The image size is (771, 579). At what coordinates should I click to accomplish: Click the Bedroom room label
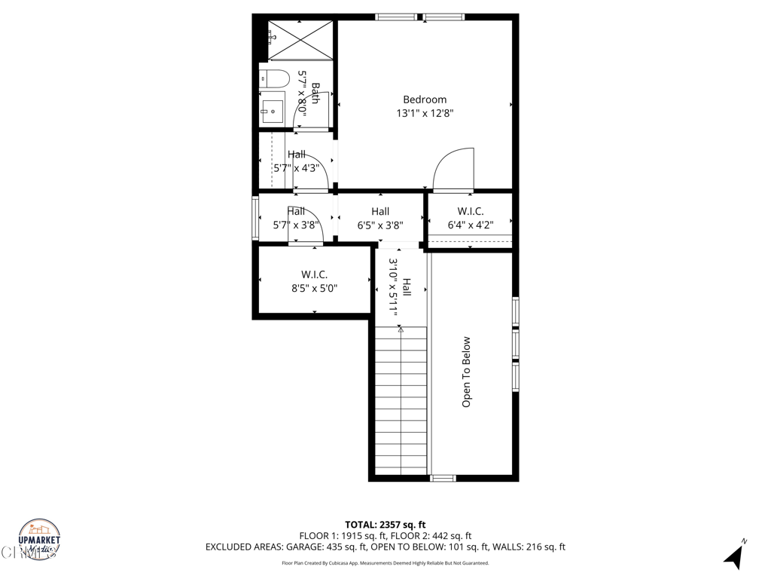click(x=425, y=100)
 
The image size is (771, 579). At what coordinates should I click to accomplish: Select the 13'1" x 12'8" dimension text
click(x=425, y=114)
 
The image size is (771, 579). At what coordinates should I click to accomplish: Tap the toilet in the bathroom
click(x=275, y=78)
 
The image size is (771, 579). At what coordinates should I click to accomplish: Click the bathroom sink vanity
click(x=272, y=110)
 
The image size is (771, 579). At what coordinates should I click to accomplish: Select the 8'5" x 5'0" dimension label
click(x=314, y=287)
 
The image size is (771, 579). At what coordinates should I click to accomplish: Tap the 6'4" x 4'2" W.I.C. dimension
click(x=471, y=225)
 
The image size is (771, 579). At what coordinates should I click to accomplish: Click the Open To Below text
click(x=466, y=372)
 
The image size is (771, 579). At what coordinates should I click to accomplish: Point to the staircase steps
click(x=401, y=403)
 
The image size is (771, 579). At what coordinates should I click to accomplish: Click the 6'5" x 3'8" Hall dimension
click(x=380, y=225)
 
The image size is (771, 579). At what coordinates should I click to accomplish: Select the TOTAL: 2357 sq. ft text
click(x=385, y=525)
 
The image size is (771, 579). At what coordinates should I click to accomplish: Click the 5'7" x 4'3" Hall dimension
click(x=296, y=168)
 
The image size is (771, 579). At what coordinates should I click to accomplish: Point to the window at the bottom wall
click(x=443, y=478)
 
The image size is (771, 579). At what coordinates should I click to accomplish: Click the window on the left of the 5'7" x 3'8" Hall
click(x=254, y=219)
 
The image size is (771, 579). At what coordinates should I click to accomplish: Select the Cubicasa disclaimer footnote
click(x=385, y=563)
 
